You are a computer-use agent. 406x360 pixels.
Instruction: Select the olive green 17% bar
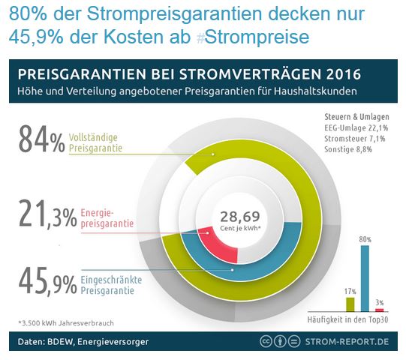tap(350, 304)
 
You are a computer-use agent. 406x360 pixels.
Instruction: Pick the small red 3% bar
tap(380, 309)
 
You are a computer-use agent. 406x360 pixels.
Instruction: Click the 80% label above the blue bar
tap(365, 239)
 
